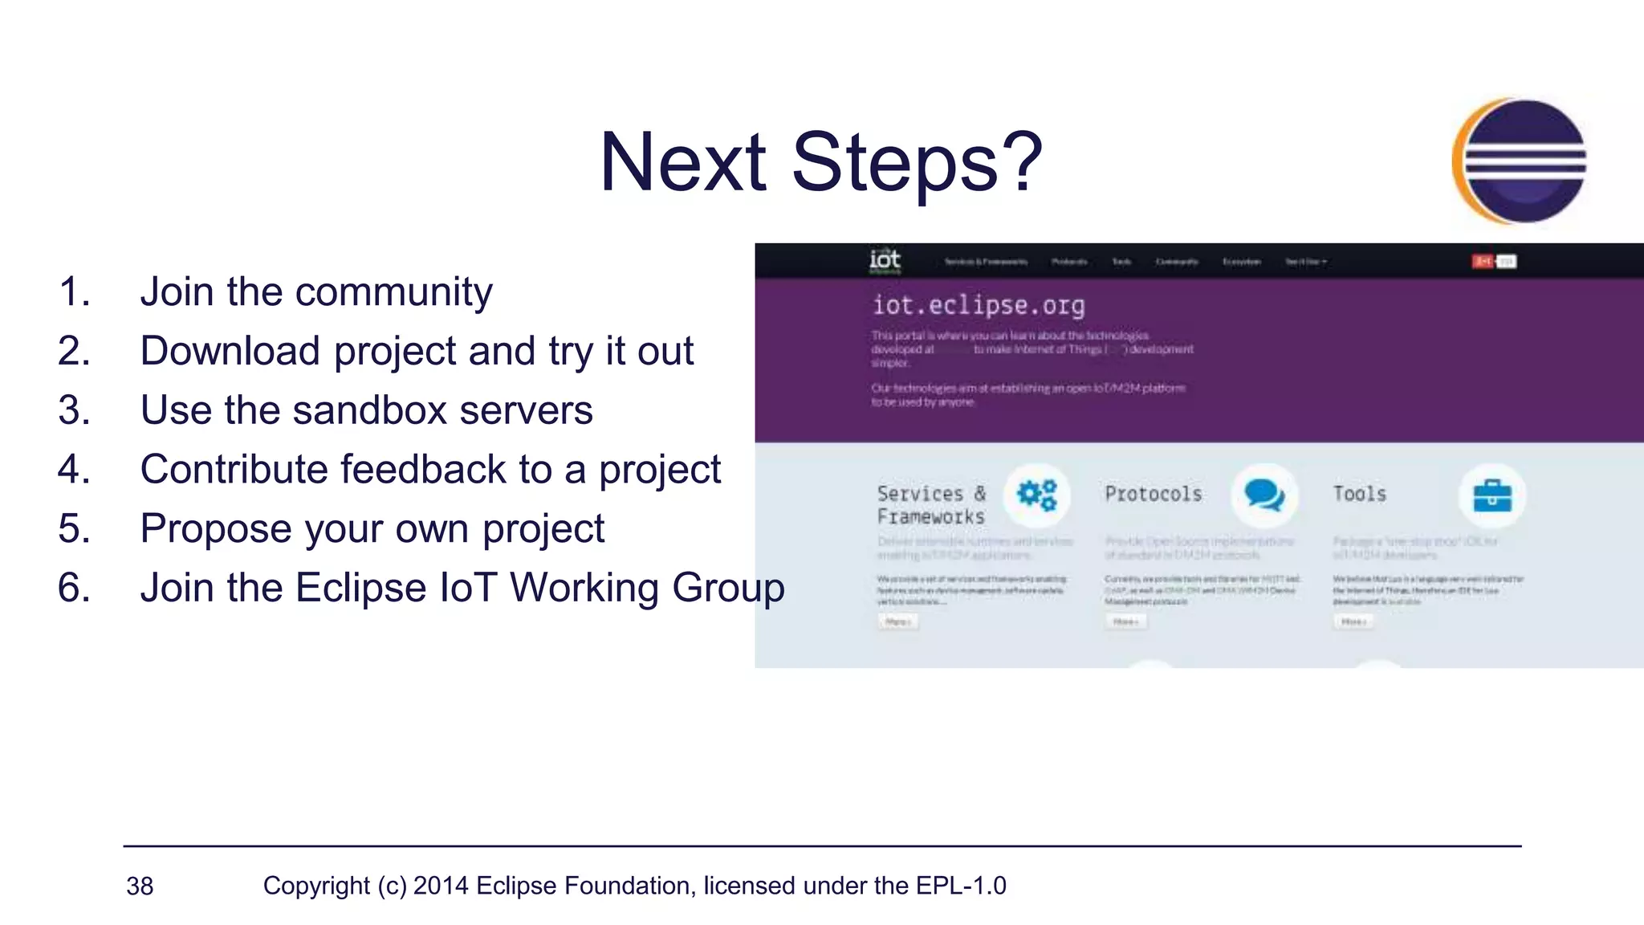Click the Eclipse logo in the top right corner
[x=1520, y=161]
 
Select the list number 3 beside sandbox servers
[x=73, y=410]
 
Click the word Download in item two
[x=230, y=352]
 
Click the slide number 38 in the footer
[x=140, y=886]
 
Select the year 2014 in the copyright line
[x=441, y=886]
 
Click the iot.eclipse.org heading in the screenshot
[x=978, y=305]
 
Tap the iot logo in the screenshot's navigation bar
[x=885, y=260]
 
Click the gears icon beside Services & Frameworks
[x=1036, y=495]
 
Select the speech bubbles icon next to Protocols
[x=1264, y=495]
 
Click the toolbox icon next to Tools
[x=1491, y=495]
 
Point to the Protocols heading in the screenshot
[x=1153, y=494]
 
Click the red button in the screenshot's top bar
[x=1482, y=261]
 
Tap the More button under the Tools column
[x=1353, y=621]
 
